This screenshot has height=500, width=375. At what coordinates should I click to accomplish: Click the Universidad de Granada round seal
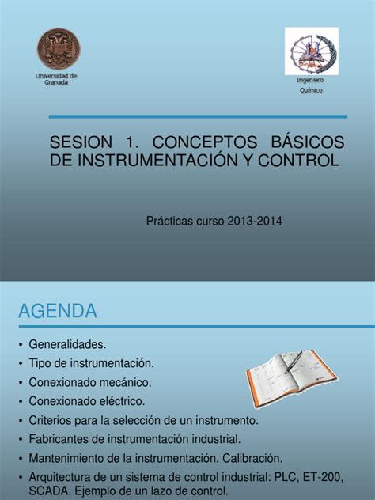point(59,48)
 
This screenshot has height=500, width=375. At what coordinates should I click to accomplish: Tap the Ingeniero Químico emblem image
point(312,51)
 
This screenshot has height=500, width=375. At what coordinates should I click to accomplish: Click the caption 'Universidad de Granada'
point(56,79)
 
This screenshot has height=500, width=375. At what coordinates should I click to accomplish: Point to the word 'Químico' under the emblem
point(311,90)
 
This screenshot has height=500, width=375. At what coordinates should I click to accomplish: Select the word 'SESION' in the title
point(81,142)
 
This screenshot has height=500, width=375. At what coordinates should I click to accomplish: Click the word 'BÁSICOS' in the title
point(308,141)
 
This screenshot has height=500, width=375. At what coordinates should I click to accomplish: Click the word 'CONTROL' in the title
point(298,161)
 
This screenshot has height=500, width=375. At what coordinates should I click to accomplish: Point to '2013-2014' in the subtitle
point(255,221)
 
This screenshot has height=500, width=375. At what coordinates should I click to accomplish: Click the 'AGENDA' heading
point(58,311)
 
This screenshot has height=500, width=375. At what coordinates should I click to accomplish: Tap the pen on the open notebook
point(294,362)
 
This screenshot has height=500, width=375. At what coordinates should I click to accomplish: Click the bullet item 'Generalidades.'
point(67,344)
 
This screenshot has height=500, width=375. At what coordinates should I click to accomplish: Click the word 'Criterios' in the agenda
point(50,420)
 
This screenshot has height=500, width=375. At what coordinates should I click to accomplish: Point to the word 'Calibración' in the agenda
point(252,458)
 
